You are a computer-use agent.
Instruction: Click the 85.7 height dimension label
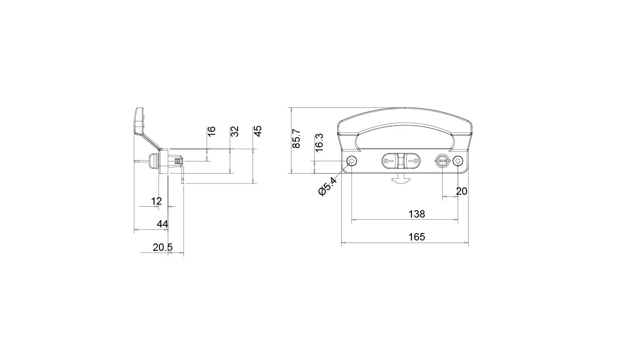click(297, 139)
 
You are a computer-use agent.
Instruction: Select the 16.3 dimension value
click(319, 143)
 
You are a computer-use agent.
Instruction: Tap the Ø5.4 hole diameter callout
click(327, 186)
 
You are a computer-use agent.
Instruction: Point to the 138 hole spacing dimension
click(417, 214)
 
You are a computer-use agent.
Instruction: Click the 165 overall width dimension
click(417, 237)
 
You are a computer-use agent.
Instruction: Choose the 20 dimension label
click(461, 191)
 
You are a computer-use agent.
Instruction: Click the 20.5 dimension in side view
click(162, 247)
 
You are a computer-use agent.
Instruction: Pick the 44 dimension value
click(162, 224)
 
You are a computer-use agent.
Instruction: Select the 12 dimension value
click(156, 201)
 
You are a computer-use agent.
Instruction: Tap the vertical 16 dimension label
click(212, 131)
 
